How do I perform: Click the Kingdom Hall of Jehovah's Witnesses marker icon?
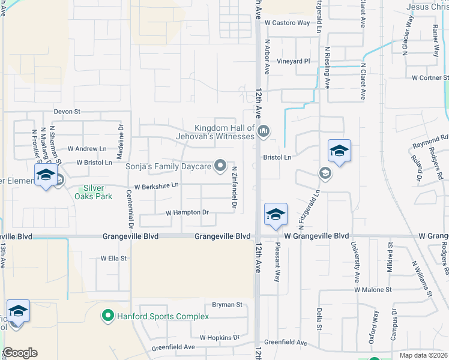click(263, 131)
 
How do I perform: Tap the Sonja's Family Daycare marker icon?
click(220, 166)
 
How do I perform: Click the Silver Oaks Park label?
click(98, 192)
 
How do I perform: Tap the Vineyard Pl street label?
click(293, 61)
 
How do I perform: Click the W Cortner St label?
click(430, 78)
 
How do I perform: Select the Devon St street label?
click(67, 112)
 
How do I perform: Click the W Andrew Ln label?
click(86, 148)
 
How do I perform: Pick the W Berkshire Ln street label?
click(156, 187)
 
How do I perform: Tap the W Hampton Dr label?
click(187, 212)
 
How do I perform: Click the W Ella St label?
click(113, 259)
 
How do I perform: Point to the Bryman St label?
click(226, 305)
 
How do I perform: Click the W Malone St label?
click(372, 289)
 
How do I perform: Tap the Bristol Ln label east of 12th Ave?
click(277, 157)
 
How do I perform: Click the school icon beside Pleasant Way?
click(276, 215)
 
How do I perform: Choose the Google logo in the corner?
click(20, 353)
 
